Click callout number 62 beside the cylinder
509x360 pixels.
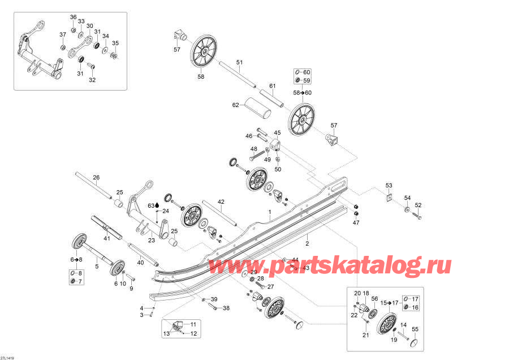236,105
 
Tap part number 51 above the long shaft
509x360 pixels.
239,62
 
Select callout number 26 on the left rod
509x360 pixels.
96,178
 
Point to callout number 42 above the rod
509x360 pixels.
221,202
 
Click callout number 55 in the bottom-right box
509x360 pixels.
415,329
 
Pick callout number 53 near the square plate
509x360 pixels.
389,186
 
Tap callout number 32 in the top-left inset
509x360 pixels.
92,80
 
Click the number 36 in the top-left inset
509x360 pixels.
73,17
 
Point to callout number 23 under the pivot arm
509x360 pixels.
152,241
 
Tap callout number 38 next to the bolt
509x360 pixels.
226,308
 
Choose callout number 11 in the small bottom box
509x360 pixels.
192,324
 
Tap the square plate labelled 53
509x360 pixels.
389,198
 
